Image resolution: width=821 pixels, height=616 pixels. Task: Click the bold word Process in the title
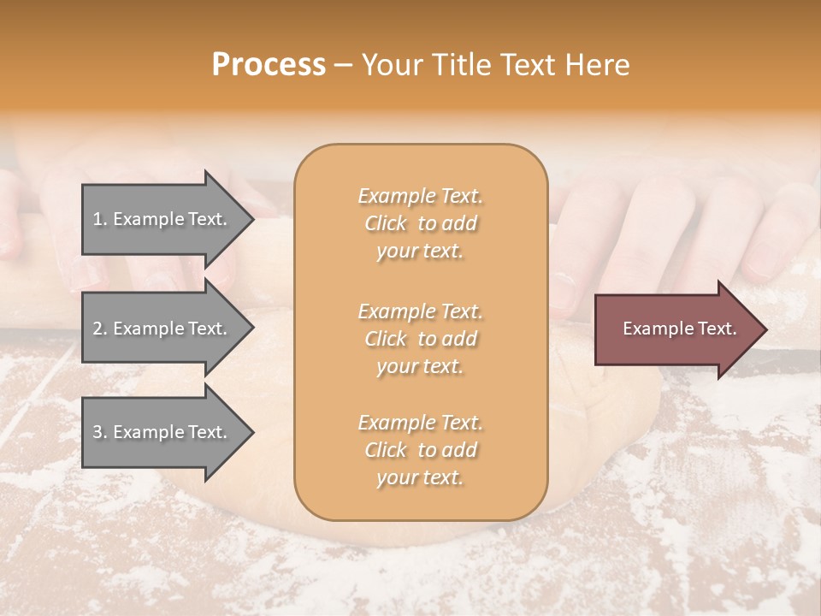point(269,65)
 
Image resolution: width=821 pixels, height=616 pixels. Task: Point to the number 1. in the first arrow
point(100,219)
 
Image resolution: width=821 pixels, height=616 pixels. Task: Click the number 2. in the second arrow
point(100,329)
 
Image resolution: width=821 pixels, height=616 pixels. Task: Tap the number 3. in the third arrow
point(100,432)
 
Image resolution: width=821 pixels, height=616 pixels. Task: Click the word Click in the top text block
point(385,223)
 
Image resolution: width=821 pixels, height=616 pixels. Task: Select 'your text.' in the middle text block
point(420,366)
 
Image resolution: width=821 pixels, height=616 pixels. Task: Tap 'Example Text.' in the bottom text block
point(420,423)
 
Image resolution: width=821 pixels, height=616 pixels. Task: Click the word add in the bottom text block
point(460,450)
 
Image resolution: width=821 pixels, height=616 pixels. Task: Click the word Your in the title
point(389,65)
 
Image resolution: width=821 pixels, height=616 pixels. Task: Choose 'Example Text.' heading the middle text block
point(420,311)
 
